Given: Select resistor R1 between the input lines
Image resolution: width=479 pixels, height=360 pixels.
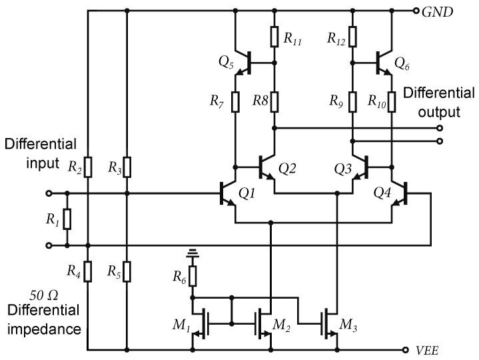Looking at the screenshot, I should point(67,219).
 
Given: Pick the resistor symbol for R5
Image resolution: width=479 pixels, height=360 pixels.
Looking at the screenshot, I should point(127,271).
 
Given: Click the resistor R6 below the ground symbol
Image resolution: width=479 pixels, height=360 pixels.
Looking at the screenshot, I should point(193,275).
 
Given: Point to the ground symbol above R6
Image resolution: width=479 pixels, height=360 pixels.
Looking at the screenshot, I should point(193,254).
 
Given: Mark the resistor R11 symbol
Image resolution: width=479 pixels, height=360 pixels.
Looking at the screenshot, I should point(274,37).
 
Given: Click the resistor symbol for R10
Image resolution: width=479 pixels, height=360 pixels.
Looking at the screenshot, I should point(391,102).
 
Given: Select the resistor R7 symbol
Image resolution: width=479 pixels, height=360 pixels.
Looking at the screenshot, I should point(235,102).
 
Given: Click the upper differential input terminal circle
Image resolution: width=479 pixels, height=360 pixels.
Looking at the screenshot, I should point(49,194).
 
